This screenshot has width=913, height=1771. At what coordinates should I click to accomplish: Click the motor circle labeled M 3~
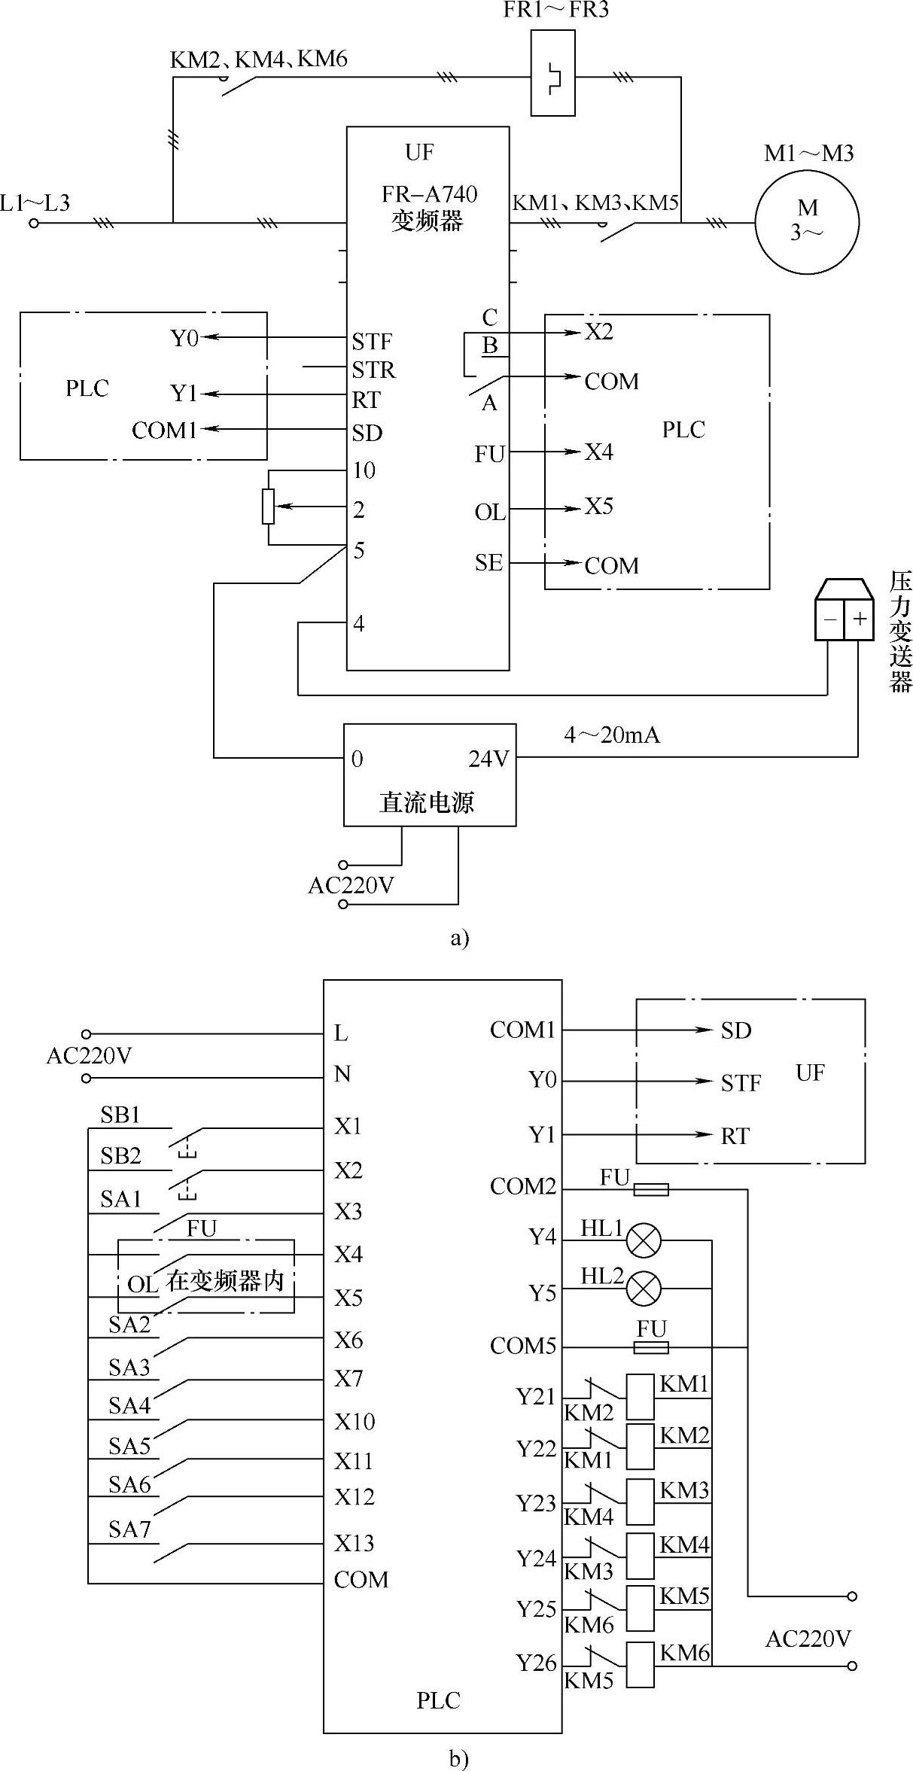[807, 221]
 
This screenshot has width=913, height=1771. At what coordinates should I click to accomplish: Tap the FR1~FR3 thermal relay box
[552, 73]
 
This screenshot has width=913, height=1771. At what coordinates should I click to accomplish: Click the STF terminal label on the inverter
[372, 342]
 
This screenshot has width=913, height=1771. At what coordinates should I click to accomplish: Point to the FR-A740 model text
[429, 194]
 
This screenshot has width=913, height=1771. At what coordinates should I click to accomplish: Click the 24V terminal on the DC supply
[488, 759]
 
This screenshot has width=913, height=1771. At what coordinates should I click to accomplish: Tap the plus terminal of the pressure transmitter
[859, 619]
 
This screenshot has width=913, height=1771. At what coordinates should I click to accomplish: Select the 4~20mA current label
[612, 735]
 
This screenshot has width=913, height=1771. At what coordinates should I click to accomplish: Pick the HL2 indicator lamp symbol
[644, 1288]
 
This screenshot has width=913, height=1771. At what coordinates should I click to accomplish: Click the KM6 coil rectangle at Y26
[641, 1665]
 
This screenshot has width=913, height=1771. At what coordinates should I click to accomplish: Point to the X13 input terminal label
[354, 1543]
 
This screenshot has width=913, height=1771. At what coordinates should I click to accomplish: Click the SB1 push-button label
[120, 1115]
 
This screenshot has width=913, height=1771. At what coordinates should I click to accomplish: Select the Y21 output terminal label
[535, 1397]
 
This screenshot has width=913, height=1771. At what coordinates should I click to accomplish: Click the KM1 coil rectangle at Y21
[641, 1397]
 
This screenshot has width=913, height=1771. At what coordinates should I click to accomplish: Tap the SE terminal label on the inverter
[488, 562]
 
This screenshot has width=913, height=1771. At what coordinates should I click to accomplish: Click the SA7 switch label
[129, 1529]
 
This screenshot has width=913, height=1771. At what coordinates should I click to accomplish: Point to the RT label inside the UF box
[735, 1136]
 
